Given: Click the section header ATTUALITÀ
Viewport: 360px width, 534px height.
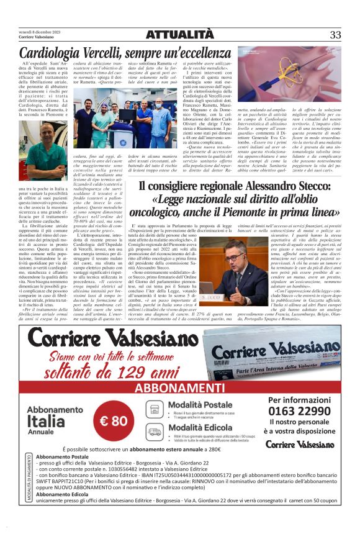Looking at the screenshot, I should pos(180,35).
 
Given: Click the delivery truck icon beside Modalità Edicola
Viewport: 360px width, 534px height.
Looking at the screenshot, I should pos(155,431).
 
